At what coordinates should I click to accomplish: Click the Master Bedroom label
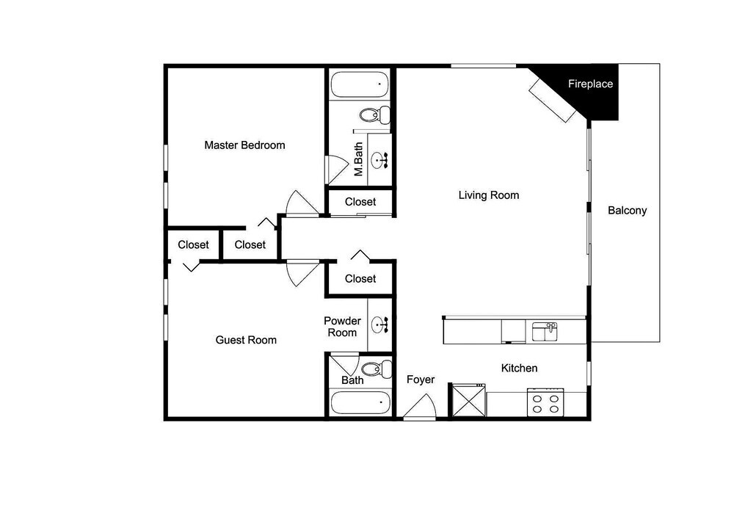[244, 145]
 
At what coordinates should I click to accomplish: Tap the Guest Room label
[246, 340]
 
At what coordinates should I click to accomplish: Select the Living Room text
[489, 195]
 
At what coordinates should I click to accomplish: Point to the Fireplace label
[590, 84]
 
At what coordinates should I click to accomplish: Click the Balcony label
[628, 211]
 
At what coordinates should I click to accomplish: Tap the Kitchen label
[519, 368]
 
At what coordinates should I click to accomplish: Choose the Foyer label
[421, 380]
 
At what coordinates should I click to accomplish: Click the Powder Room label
[342, 327]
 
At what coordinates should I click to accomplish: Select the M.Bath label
[359, 159]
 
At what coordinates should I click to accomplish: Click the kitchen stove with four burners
[545, 402]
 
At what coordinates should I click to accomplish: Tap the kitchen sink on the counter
[545, 332]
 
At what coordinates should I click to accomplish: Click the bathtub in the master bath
[360, 84]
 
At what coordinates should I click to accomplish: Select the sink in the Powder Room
[379, 324]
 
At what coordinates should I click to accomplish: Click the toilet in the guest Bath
[377, 369]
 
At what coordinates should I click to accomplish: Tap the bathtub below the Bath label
[360, 402]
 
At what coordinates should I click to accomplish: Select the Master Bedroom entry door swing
[302, 203]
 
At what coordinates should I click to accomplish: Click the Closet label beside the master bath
[360, 202]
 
